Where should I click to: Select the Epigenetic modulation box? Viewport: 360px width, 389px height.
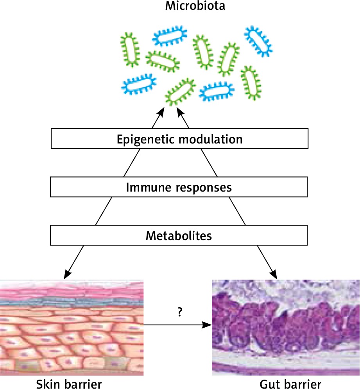[x=179, y=139]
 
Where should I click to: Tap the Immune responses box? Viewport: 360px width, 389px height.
[x=179, y=187]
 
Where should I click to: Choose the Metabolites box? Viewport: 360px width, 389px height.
[x=179, y=236]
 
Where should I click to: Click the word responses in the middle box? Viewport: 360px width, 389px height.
[x=206, y=188]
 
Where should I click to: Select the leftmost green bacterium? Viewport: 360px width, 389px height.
[x=130, y=49]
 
